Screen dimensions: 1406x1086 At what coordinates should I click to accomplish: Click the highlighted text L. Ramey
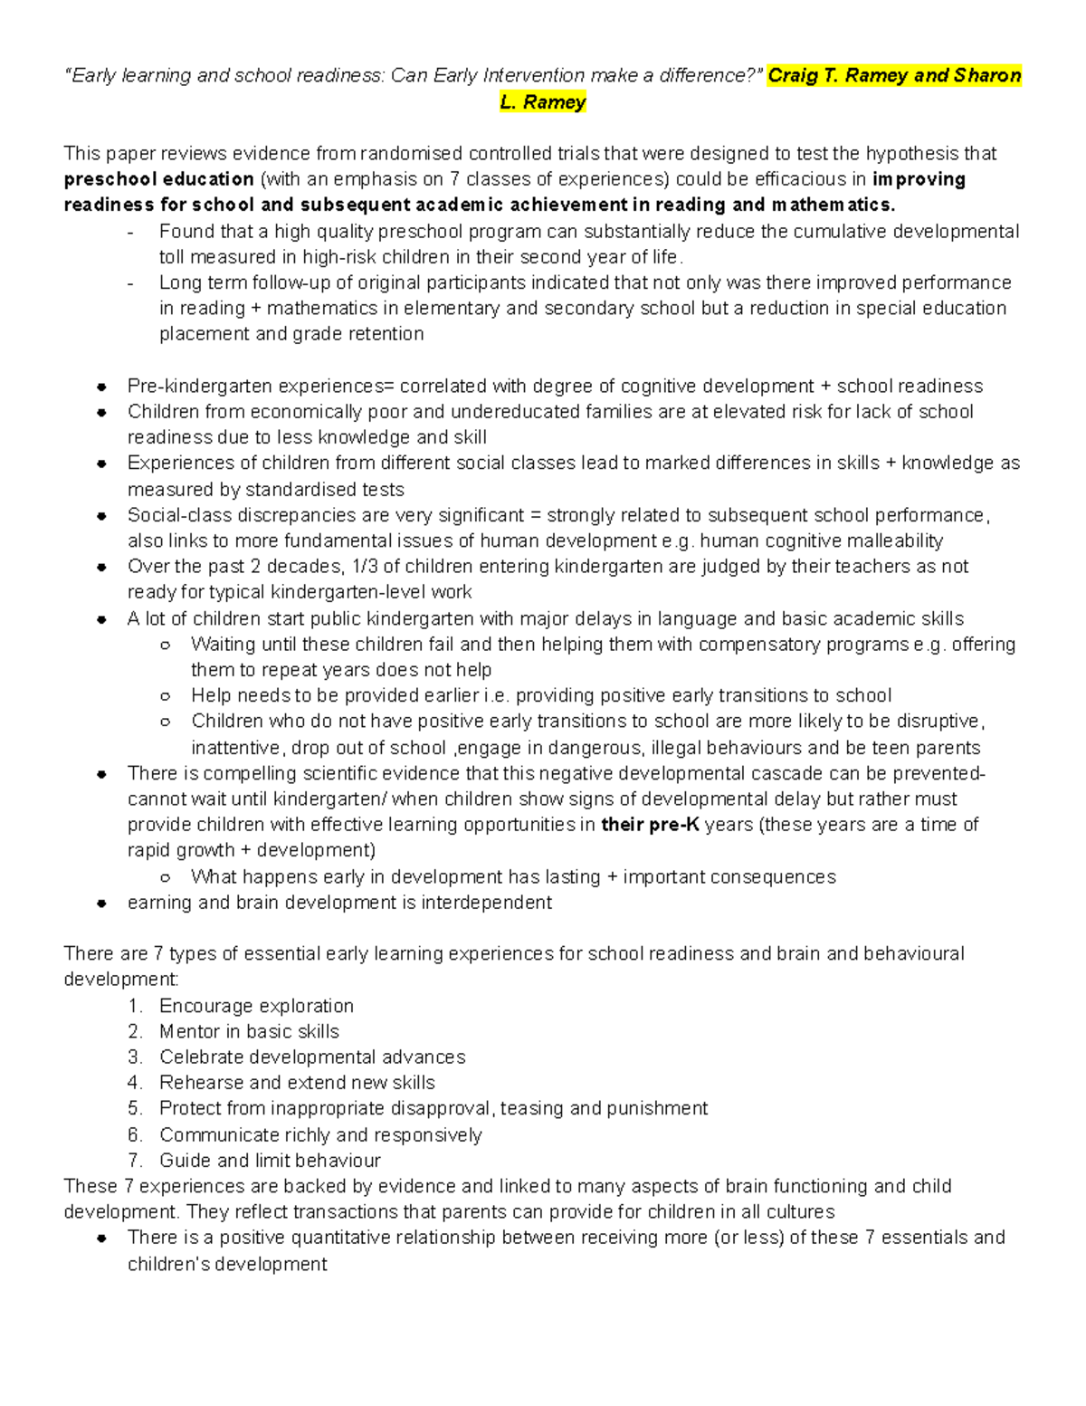point(543,102)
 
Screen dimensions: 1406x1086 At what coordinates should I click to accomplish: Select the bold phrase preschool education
point(158,179)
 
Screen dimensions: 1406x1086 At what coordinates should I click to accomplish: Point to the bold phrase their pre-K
point(650,825)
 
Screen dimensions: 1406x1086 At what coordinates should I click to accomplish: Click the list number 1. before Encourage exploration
point(136,1006)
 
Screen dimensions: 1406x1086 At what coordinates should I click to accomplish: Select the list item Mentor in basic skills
point(249,1031)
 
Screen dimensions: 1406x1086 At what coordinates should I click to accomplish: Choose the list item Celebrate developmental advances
point(312,1057)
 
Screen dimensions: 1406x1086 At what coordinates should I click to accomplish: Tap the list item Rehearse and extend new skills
point(297,1083)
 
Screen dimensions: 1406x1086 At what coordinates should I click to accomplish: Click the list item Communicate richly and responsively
point(320,1135)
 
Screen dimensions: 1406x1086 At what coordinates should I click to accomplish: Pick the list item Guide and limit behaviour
point(270,1161)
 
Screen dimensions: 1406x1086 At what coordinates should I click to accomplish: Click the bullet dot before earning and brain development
point(102,904)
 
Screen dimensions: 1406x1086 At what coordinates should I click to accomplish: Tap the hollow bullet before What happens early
point(165,877)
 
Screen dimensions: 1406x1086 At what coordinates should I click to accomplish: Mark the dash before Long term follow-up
point(133,283)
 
